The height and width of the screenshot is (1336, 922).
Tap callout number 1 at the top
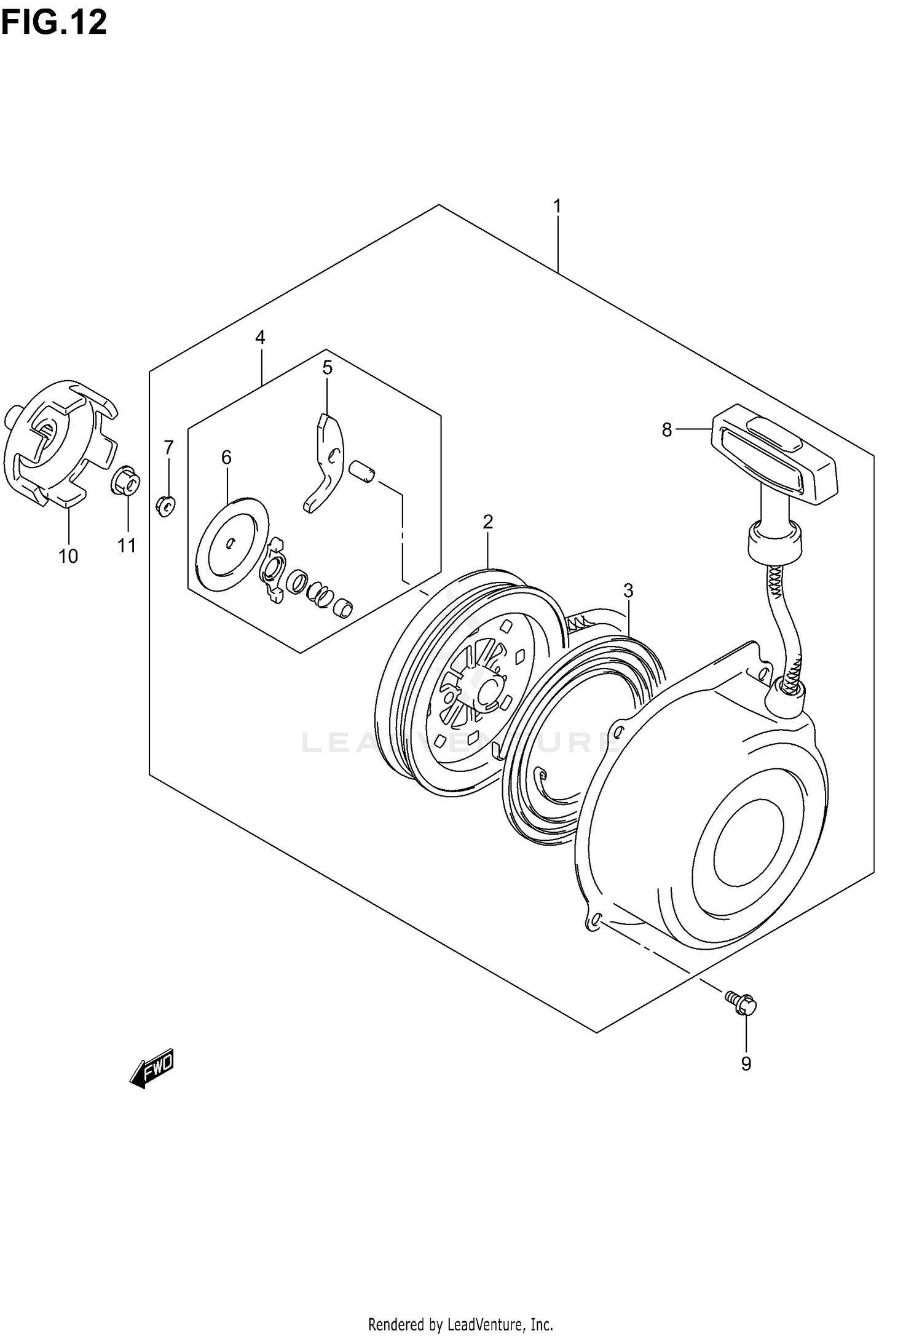pyautogui.click(x=557, y=207)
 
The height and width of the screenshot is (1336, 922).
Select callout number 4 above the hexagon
pyautogui.click(x=260, y=337)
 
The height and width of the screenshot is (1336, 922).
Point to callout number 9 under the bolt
pyautogui.click(x=746, y=1064)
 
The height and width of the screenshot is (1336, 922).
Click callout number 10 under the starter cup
pyautogui.click(x=68, y=556)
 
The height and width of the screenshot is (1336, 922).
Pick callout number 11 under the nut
pyautogui.click(x=127, y=546)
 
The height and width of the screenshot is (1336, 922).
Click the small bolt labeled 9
pyautogui.click(x=741, y=1004)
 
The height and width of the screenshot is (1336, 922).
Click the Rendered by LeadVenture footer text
pyautogui.click(x=460, y=1320)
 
